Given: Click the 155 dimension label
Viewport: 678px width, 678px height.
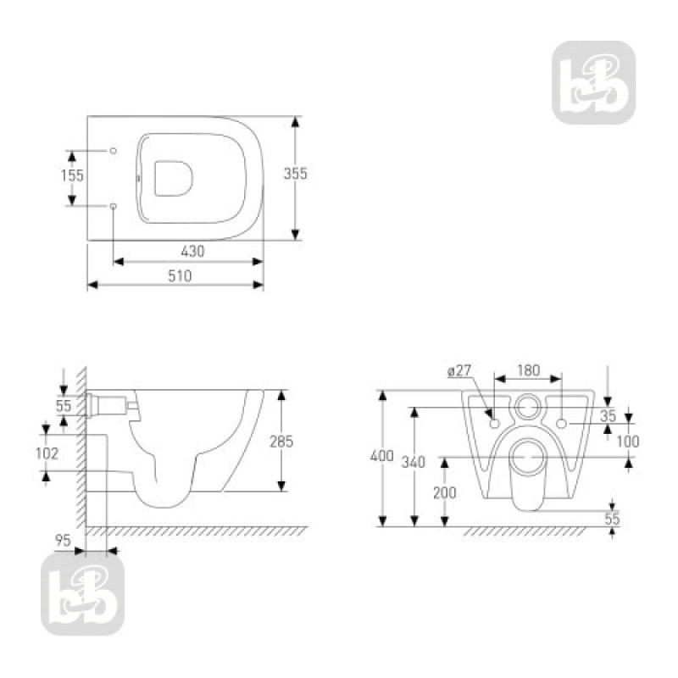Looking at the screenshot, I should (73, 176).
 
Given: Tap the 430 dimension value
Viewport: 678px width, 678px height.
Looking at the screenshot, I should (192, 251).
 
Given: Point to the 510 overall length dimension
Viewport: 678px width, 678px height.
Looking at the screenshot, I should (179, 275).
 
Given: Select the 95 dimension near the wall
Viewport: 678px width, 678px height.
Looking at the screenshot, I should (63, 540).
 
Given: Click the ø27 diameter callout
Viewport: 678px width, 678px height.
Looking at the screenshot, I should (458, 371).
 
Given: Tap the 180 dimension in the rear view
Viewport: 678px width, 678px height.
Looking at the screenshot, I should (527, 371).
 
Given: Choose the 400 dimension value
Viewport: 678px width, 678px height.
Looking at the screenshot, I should (382, 457).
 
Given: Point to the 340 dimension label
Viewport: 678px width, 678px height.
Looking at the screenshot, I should (414, 462).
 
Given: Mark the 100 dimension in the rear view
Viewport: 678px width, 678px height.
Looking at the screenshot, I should (628, 441).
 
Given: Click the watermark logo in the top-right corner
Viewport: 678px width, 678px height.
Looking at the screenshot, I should (593, 82).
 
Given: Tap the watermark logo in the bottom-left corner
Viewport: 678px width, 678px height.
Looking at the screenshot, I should (82, 593).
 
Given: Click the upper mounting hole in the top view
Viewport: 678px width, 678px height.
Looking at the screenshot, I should (114, 149).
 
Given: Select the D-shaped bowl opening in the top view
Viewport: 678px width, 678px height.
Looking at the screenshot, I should (174, 176).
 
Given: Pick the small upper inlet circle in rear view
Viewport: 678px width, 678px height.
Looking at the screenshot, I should (528, 408).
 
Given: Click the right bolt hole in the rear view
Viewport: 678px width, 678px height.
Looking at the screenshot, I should (563, 421).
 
